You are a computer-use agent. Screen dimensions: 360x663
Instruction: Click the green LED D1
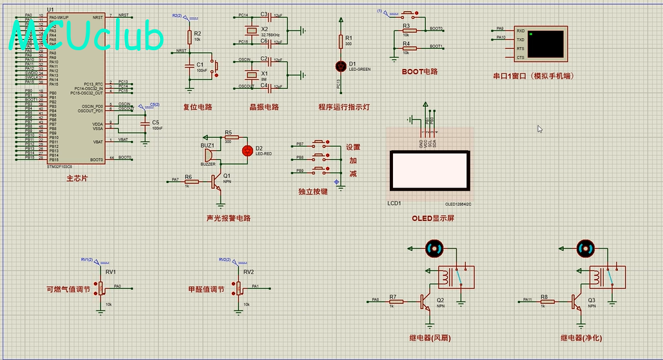[341, 66]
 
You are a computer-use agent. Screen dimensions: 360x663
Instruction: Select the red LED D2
[247, 151]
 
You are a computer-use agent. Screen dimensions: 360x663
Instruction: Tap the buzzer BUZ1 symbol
[208, 155]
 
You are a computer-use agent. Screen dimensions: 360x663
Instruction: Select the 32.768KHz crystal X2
[251, 31]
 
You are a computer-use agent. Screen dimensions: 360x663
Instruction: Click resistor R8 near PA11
[544, 300]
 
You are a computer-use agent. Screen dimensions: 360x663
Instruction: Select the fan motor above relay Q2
[434, 248]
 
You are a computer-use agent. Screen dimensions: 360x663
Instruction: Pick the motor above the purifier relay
[586, 248]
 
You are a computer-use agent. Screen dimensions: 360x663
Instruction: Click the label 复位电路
[198, 107]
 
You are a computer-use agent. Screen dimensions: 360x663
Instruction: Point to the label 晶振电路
[264, 107]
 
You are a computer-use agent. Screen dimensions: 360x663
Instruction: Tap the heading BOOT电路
[419, 71]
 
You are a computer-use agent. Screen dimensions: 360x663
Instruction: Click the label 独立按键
[313, 191]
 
